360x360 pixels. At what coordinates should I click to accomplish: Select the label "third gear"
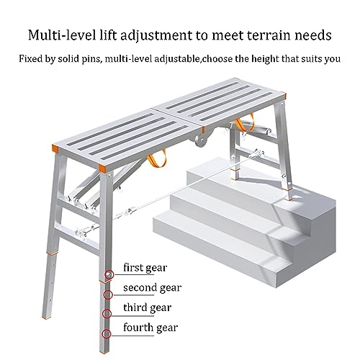pos(146,308)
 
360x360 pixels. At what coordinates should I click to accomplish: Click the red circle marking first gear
pos(109,274)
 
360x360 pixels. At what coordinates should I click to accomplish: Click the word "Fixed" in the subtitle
pos(31,59)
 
